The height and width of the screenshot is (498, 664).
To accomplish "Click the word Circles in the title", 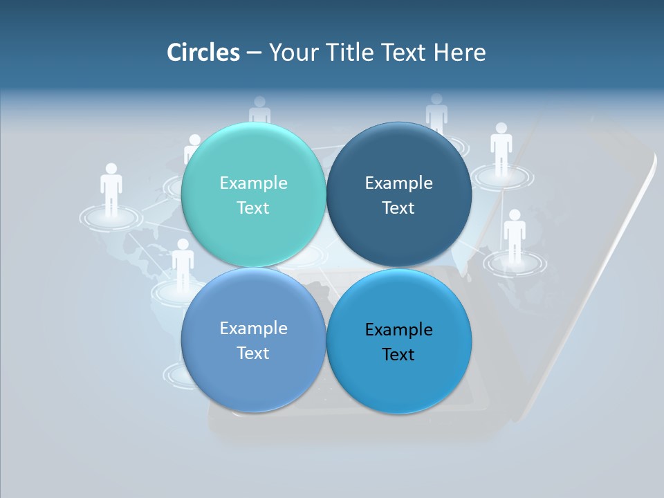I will pos(203,53).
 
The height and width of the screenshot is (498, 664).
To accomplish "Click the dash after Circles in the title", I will pos(254,53).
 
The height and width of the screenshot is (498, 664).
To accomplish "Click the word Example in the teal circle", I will pos(253,183).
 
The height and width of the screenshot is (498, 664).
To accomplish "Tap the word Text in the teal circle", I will pos(253,207).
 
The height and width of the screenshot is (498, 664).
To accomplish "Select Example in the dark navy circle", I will pos(398,183).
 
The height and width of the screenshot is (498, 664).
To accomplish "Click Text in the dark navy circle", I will pos(398,207).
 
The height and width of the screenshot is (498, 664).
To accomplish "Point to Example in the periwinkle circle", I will pos(253,328).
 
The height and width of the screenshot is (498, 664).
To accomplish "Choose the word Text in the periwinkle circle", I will pos(253,353).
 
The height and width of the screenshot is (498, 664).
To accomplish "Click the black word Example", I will pos(398,329).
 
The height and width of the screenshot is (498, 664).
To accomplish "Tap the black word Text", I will pos(398,354).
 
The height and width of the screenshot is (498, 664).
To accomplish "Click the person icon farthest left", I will pos(111,188).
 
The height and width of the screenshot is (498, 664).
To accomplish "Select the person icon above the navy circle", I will pos(436,113).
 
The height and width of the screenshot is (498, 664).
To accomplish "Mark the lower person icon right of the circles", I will pos(514,235).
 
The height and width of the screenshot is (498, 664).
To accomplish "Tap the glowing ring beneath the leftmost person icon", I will pos(111,218).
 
